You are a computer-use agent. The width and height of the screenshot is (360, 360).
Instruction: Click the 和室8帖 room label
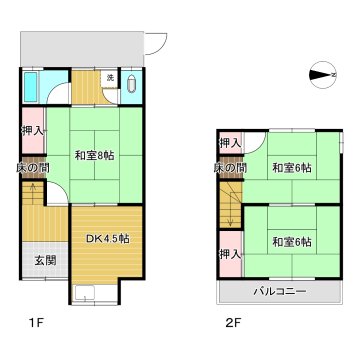(x=94, y=156)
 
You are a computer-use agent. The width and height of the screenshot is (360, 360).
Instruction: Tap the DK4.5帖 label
(x=108, y=239)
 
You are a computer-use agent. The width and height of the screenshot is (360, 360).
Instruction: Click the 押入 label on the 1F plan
(x=33, y=131)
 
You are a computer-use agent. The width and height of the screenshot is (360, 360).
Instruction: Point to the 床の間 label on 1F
(x=33, y=168)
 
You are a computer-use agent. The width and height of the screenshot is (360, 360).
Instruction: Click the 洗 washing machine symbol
(x=110, y=78)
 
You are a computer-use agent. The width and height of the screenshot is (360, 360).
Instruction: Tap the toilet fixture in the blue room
(x=132, y=85)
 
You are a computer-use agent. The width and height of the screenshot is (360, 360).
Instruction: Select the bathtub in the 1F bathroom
(x=31, y=86)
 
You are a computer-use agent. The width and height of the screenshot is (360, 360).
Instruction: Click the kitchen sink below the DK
(x=85, y=293)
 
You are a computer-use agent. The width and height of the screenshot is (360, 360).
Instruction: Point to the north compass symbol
(x=323, y=76)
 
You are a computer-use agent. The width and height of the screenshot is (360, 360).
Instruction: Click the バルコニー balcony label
(x=279, y=292)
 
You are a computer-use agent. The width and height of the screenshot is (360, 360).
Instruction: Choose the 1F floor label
(x=36, y=323)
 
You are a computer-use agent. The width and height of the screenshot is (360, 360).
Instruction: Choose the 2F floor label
(x=232, y=323)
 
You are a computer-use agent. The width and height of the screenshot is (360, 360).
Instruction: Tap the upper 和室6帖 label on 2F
(x=292, y=168)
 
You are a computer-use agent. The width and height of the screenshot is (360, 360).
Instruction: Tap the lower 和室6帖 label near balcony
(x=292, y=242)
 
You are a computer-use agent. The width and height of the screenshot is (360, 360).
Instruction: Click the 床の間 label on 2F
(x=230, y=168)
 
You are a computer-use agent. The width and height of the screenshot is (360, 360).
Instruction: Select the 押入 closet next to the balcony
(x=230, y=254)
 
